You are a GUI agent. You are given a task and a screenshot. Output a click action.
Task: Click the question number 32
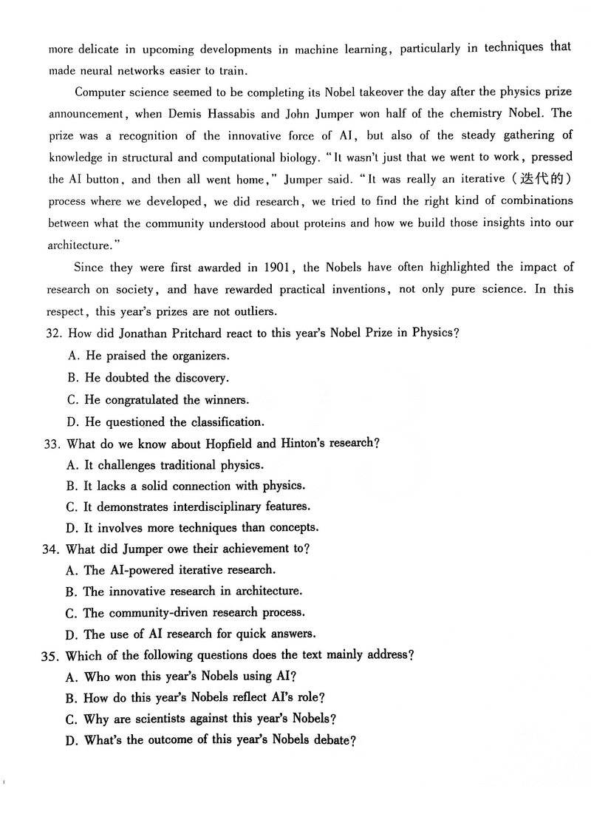53,333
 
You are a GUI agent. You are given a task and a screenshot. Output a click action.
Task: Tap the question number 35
53,655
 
